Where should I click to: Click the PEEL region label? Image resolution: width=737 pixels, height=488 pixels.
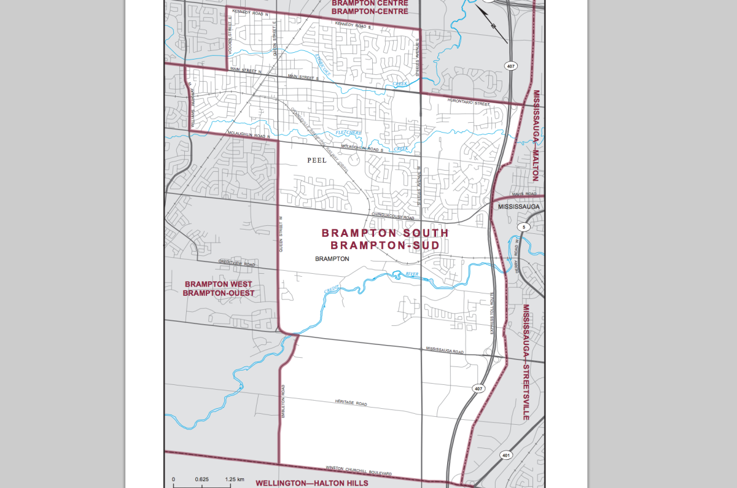[x=316, y=160]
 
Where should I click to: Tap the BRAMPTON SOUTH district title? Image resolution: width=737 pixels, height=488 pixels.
[x=385, y=233]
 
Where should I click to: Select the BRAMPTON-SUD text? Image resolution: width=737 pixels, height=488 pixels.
[x=385, y=246]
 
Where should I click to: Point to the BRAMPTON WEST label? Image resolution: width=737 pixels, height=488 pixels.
[x=218, y=284]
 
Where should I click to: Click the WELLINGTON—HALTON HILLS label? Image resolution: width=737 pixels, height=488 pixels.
[x=311, y=483]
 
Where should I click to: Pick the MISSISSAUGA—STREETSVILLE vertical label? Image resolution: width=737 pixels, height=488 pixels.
[x=526, y=362]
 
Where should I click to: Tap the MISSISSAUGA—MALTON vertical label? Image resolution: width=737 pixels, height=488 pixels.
[x=536, y=135]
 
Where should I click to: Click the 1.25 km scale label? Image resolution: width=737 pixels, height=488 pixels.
[x=235, y=479]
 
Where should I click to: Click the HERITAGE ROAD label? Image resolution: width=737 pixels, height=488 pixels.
[x=351, y=404]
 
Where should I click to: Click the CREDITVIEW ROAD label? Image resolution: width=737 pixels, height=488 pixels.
[x=236, y=264]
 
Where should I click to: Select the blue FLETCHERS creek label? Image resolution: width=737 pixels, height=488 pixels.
[x=349, y=133]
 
